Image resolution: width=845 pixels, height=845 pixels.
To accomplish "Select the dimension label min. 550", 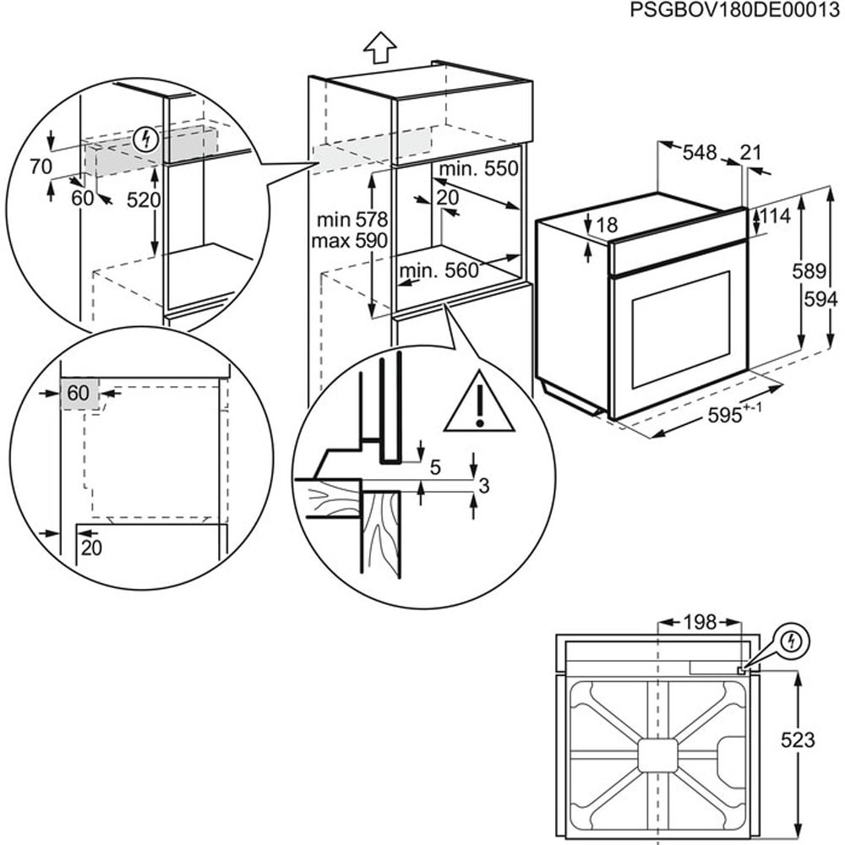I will click(477, 169).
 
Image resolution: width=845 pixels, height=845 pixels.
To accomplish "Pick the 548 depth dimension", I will click(699, 153).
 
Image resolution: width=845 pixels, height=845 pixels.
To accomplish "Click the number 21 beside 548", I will click(750, 153).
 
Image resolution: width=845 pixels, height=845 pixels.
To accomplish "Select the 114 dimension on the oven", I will click(774, 216).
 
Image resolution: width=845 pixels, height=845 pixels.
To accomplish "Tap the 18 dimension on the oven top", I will click(606, 225).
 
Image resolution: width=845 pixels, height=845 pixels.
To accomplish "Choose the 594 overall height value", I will click(821, 299).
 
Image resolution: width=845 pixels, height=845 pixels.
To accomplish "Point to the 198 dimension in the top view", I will click(699, 623).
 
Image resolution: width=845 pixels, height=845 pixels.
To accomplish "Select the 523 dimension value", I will click(797, 740).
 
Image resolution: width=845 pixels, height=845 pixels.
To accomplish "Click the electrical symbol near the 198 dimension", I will click(792, 641).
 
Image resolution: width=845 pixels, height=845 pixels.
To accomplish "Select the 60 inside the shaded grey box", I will click(78, 393).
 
